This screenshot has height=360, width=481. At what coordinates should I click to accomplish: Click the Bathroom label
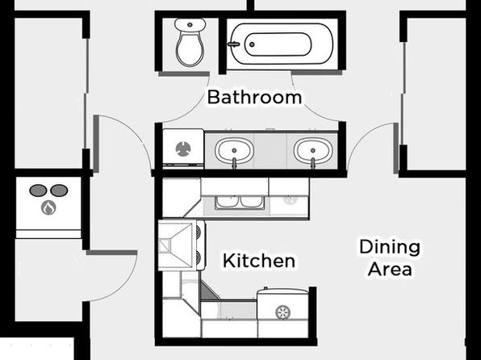pyautogui.click(x=254, y=97)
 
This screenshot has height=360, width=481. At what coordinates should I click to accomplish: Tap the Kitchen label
pyautogui.click(x=259, y=261)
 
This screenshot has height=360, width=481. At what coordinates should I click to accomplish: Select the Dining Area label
pyautogui.click(x=390, y=257)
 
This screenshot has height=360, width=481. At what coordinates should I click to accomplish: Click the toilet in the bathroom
pyautogui.click(x=190, y=42)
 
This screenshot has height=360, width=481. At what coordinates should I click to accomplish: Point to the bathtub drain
pyautogui.click(x=252, y=44)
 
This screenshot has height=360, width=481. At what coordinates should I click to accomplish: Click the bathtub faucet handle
pyautogui.click(x=233, y=44)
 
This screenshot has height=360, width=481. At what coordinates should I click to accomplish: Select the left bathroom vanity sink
pyautogui.click(x=234, y=151)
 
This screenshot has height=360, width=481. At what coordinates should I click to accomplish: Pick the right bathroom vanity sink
pyautogui.click(x=313, y=151)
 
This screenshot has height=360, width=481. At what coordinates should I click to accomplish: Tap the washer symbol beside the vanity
pyautogui.click(x=183, y=149)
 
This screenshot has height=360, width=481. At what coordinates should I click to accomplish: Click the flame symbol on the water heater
pyautogui.click(x=48, y=207)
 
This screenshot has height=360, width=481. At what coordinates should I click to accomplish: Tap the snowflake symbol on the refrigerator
pyautogui.click(x=282, y=312)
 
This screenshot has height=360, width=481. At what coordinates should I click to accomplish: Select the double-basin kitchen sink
pyautogui.click(x=239, y=203)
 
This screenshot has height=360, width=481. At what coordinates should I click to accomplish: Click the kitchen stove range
pyautogui.click(x=182, y=245)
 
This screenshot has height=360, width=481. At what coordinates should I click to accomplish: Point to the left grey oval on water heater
pyautogui.click(x=38, y=190)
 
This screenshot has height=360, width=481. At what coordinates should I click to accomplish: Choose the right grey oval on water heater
pyautogui.click(x=59, y=190)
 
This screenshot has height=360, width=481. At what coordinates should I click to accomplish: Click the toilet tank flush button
pyautogui.click(x=190, y=24)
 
